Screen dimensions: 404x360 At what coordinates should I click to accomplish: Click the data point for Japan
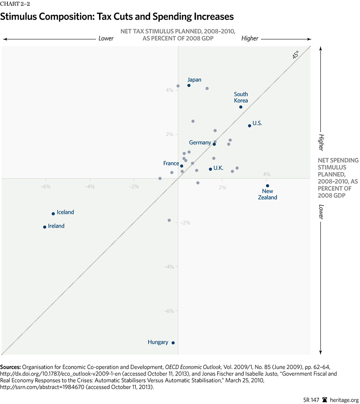coord(189,86)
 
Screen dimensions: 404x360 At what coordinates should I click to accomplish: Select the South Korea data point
coord(241,107)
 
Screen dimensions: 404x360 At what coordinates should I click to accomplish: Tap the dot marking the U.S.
coord(250,126)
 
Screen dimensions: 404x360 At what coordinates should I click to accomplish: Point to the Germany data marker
coord(214,144)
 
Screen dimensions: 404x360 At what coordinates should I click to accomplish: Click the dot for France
coord(182,166)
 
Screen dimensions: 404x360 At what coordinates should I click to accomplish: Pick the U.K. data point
coord(210,169)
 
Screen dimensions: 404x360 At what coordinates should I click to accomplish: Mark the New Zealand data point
coord(267,186)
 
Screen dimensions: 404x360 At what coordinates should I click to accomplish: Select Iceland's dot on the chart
coord(53,214)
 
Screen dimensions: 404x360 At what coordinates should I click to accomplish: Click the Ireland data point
coord(45,227)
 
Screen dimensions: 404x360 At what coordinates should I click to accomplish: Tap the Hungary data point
coord(173,343)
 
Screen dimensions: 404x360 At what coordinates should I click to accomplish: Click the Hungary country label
coord(158,342)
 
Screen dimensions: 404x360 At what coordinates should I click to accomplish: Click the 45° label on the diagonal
coord(295,55)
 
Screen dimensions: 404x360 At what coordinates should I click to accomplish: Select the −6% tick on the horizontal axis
coord(45,186)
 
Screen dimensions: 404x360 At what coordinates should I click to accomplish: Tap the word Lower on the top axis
coord(106,38)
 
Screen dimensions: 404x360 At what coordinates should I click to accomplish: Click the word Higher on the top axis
coord(250,38)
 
